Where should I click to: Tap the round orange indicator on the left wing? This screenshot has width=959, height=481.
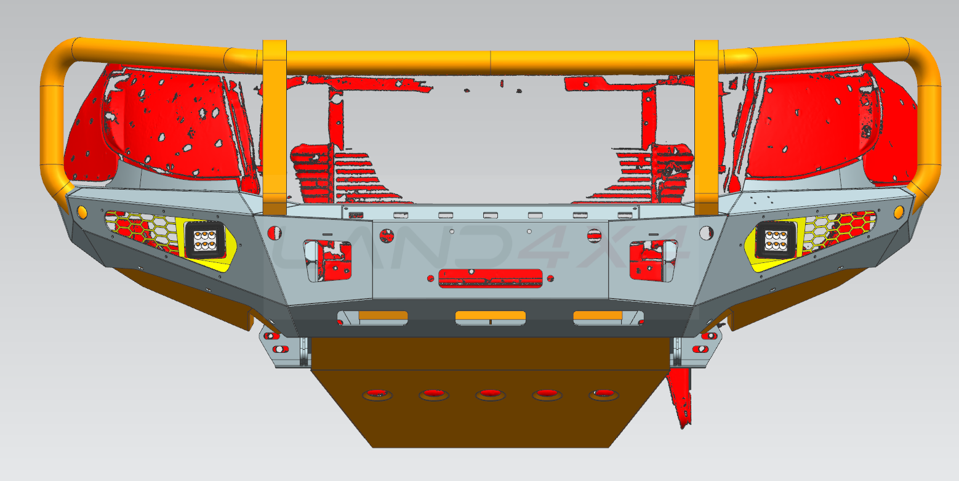[82, 212]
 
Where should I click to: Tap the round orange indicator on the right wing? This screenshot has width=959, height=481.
[898, 212]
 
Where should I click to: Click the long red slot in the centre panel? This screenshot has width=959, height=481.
[490, 278]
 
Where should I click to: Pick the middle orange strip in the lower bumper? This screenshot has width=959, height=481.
[490, 317]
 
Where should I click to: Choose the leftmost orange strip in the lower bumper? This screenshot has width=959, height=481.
[383, 317]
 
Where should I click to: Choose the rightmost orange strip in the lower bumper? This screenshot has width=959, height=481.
[598, 317]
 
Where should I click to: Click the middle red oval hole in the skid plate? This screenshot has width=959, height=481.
[490, 394]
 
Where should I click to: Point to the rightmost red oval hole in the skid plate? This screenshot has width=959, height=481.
[603, 394]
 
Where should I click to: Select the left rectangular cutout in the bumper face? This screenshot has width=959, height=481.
[327, 261]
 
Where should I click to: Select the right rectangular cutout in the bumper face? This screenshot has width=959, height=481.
[653, 261]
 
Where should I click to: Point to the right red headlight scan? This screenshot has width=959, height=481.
[813, 123]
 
